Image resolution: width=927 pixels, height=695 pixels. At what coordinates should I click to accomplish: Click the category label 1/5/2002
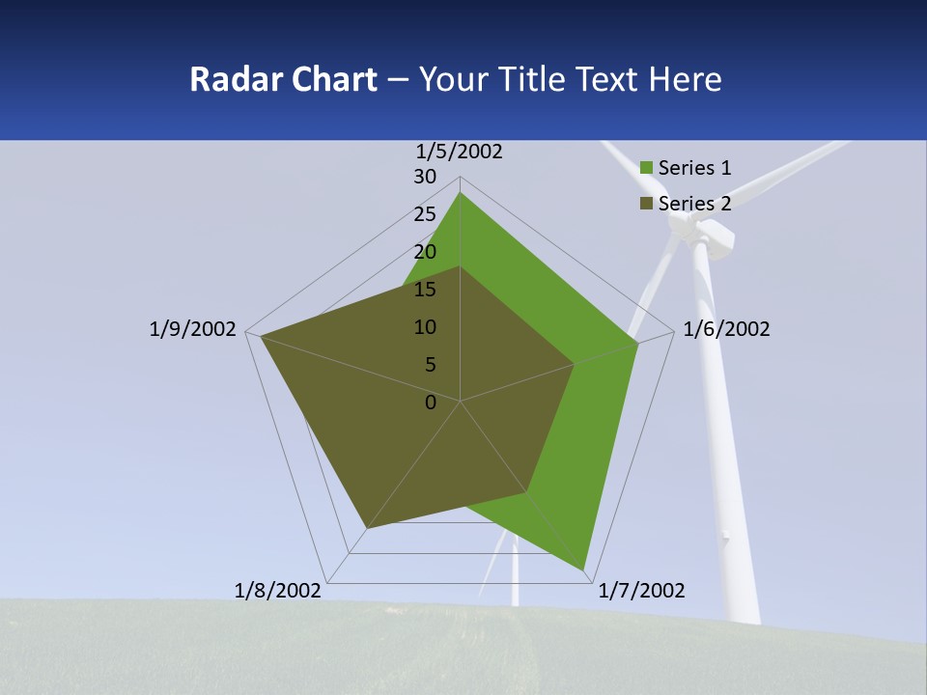tap(460, 152)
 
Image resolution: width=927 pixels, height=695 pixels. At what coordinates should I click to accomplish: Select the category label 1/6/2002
tap(726, 329)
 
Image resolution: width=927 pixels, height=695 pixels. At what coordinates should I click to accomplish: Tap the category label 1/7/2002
tap(641, 591)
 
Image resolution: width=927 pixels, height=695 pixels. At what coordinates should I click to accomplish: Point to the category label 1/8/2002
tap(278, 591)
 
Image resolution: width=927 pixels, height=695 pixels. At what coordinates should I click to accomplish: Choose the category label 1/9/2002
tap(193, 329)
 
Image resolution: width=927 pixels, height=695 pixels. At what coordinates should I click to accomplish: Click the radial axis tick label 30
tap(425, 177)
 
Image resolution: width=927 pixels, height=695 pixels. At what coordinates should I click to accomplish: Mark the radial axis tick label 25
tap(425, 214)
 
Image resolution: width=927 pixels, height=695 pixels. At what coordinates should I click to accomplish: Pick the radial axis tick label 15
tap(425, 290)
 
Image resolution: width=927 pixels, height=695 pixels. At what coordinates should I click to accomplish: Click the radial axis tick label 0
tap(431, 403)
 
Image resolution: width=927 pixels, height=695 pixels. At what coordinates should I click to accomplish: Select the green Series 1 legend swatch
tap(646, 169)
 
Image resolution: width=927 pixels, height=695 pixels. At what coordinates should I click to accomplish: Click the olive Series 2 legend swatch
tap(646, 204)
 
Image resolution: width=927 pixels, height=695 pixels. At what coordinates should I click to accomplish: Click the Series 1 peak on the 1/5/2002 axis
tap(460, 192)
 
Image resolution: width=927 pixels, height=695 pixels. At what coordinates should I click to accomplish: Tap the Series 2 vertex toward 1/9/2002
tap(261, 336)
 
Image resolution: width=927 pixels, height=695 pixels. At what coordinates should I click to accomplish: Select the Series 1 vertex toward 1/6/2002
tap(637, 344)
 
